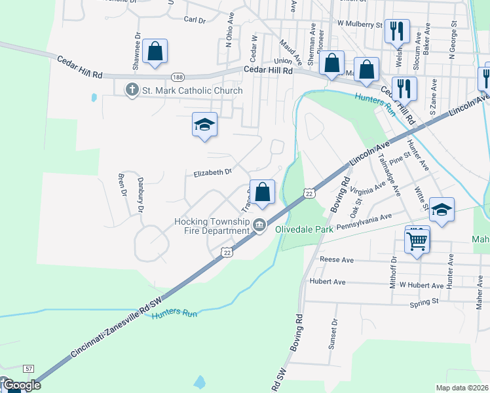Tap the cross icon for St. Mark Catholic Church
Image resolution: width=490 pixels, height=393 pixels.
click(x=132, y=90)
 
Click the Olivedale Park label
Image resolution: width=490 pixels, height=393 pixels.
click(x=303, y=229)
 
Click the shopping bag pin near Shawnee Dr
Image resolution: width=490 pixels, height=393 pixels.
click(x=155, y=52)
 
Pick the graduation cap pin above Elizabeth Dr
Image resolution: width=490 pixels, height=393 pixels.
click(x=204, y=124)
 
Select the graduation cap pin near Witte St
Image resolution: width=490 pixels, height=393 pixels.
click(x=442, y=210)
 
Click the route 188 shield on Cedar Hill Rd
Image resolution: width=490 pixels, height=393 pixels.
click(x=178, y=76)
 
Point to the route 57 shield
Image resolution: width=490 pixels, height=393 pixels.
click(x=28, y=369)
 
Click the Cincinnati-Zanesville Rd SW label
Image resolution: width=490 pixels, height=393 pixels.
click(x=116, y=331)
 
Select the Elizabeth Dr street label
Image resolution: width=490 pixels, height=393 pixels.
click(x=213, y=172)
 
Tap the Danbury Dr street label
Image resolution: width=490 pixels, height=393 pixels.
click(x=140, y=194)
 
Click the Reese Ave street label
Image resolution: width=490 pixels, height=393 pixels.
click(x=337, y=260)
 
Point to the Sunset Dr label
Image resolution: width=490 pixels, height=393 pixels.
click(x=333, y=332)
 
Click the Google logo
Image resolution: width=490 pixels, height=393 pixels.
click(x=22, y=385)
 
